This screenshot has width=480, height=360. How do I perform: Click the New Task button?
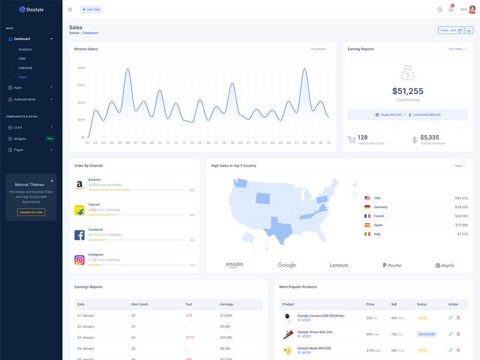(x=91, y=10)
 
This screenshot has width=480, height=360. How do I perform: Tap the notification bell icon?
(x=451, y=10)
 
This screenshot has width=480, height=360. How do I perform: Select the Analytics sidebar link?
(x=25, y=49)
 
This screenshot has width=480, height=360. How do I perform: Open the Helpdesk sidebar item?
(x=25, y=68)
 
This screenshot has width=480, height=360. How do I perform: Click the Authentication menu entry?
(x=25, y=99)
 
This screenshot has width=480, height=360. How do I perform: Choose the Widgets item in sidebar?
(x=20, y=139)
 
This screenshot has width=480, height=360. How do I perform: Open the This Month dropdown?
(x=320, y=49)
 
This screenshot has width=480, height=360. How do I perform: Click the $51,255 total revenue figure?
(x=408, y=91)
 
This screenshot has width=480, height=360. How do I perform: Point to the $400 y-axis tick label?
(x=81, y=68)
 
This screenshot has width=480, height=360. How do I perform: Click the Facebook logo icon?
(x=79, y=235)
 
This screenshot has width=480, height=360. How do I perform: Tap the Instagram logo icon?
(x=79, y=260)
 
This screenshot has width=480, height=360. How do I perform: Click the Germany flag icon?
(x=367, y=207)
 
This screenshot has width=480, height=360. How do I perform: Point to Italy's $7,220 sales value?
(x=462, y=234)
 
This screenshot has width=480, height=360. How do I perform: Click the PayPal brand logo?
(x=392, y=265)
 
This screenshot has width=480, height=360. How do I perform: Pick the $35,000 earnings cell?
(x=226, y=338)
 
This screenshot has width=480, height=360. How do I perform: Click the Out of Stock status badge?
(x=427, y=334)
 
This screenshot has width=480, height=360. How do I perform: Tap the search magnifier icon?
(x=440, y=10)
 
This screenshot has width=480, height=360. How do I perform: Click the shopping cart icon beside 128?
(x=352, y=140)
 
